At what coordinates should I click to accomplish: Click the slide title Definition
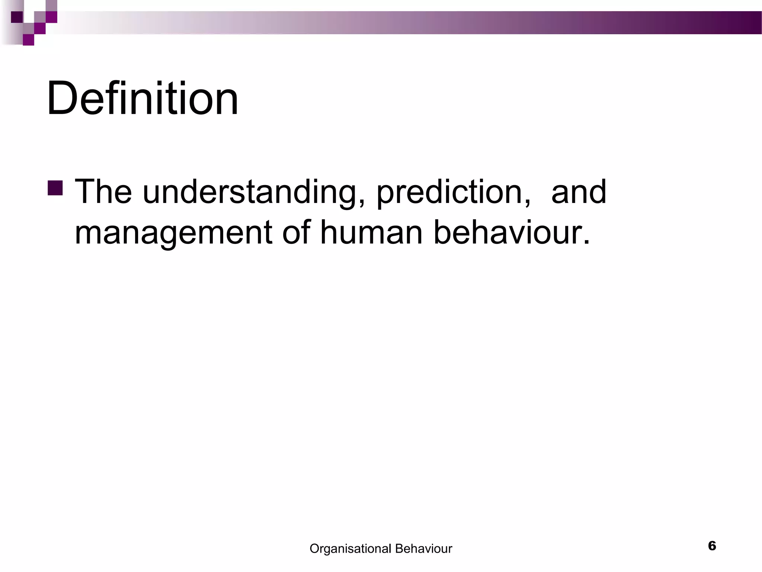(x=142, y=99)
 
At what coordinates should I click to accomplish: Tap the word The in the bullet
(x=103, y=192)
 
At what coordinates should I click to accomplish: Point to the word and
(x=579, y=192)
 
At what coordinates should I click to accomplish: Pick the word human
(x=371, y=233)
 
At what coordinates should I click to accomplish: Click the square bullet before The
(x=55, y=188)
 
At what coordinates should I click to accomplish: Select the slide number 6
(x=712, y=546)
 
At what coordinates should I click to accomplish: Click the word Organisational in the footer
(x=350, y=549)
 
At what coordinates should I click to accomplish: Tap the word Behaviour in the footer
(x=423, y=549)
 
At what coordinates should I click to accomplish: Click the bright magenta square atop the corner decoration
(x=51, y=17)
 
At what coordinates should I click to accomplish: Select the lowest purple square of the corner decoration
(x=28, y=40)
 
